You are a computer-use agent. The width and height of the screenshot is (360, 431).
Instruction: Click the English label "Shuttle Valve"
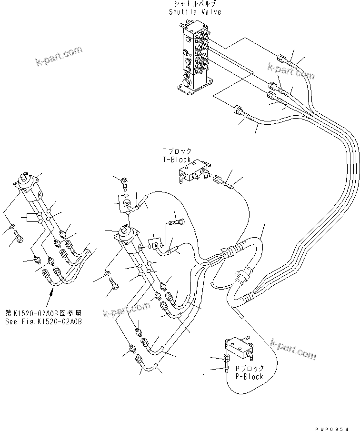pyautogui.click(x=188, y=11)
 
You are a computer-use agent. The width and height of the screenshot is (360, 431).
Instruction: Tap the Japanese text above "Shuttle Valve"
pyautogui.click(x=188, y=4)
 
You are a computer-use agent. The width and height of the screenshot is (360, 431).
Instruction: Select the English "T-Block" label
pyautogui.click(x=177, y=160)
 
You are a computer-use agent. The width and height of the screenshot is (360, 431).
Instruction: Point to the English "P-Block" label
pyautogui.click(x=249, y=376)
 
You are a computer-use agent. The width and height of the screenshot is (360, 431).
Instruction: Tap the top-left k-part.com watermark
pyautogui.click(x=59, y=56)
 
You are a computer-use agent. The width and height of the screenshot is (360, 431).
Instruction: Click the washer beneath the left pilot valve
pyautogui.click(x=12, y=225)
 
